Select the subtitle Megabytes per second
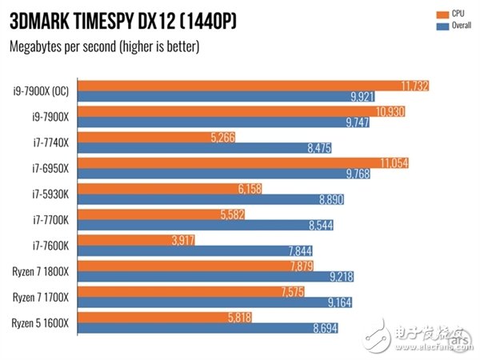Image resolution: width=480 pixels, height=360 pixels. pos(104,46)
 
